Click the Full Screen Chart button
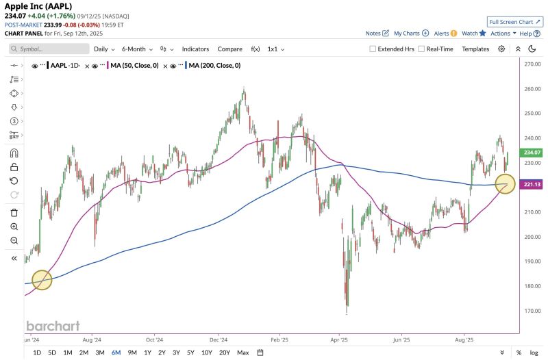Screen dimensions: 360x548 515,22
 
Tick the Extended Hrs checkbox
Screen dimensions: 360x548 373,49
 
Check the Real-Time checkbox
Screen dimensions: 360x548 421,49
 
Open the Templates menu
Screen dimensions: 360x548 475,49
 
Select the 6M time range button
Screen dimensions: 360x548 116,352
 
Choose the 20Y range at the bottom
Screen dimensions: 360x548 225,352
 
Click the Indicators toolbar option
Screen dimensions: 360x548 195,49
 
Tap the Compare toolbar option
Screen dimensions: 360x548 229,49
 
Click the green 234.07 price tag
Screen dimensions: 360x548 532,153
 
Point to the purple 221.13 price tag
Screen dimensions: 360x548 532,185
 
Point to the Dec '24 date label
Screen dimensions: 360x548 219,339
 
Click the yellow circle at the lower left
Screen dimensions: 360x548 42,280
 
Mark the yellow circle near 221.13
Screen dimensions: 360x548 505,183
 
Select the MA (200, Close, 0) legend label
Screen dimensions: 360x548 214,66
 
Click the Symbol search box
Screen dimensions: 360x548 49,49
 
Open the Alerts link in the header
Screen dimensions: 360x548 445,33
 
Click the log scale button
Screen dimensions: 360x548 534,352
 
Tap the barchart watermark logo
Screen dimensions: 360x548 53,326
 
